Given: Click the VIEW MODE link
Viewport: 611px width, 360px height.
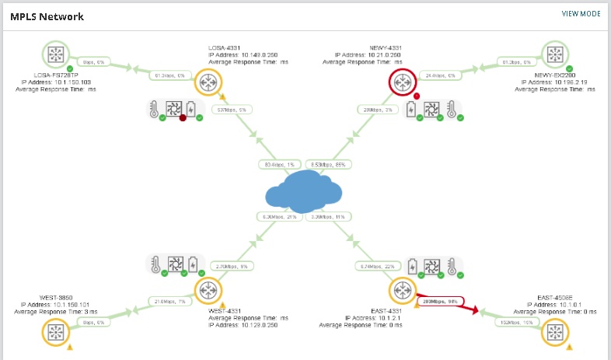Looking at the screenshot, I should (581, 14).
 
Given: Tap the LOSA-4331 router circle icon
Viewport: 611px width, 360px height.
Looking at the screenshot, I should (208, 82).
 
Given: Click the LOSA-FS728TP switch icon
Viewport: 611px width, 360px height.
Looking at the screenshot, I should (56, 54).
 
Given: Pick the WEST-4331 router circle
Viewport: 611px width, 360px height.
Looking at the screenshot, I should (208, 290).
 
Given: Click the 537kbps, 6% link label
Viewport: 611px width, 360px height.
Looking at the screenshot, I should (232, 110).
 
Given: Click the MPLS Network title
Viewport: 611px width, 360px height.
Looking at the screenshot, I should (47, 16).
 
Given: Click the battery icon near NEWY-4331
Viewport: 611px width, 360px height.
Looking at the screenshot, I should (410, 108).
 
